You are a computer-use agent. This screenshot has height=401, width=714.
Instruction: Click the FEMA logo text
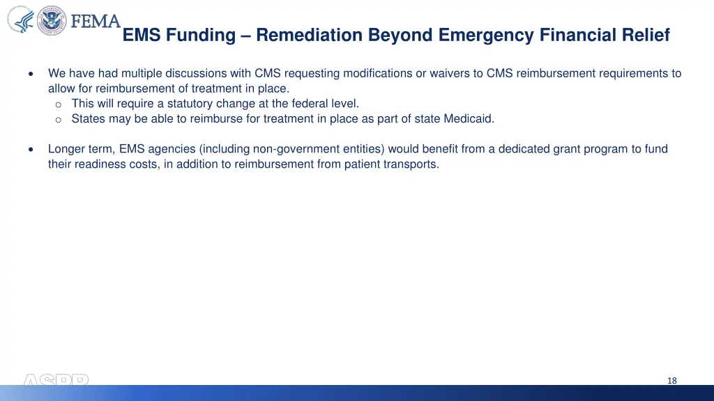(x=96, y=21)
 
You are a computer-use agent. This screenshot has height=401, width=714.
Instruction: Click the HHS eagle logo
(x=21, y=21)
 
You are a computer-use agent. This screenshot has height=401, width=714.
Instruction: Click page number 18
(x=671, y=380)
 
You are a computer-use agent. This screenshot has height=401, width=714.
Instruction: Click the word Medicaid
(x=471, y=118)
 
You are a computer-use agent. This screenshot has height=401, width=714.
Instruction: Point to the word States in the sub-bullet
(x=88, y=118)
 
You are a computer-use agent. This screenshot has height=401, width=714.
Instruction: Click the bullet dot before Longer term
(x=30, y=150)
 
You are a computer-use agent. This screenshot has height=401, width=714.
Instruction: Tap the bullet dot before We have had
(x=30, y=74)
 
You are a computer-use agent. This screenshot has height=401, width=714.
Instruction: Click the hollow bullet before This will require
(x=59, y=104)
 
